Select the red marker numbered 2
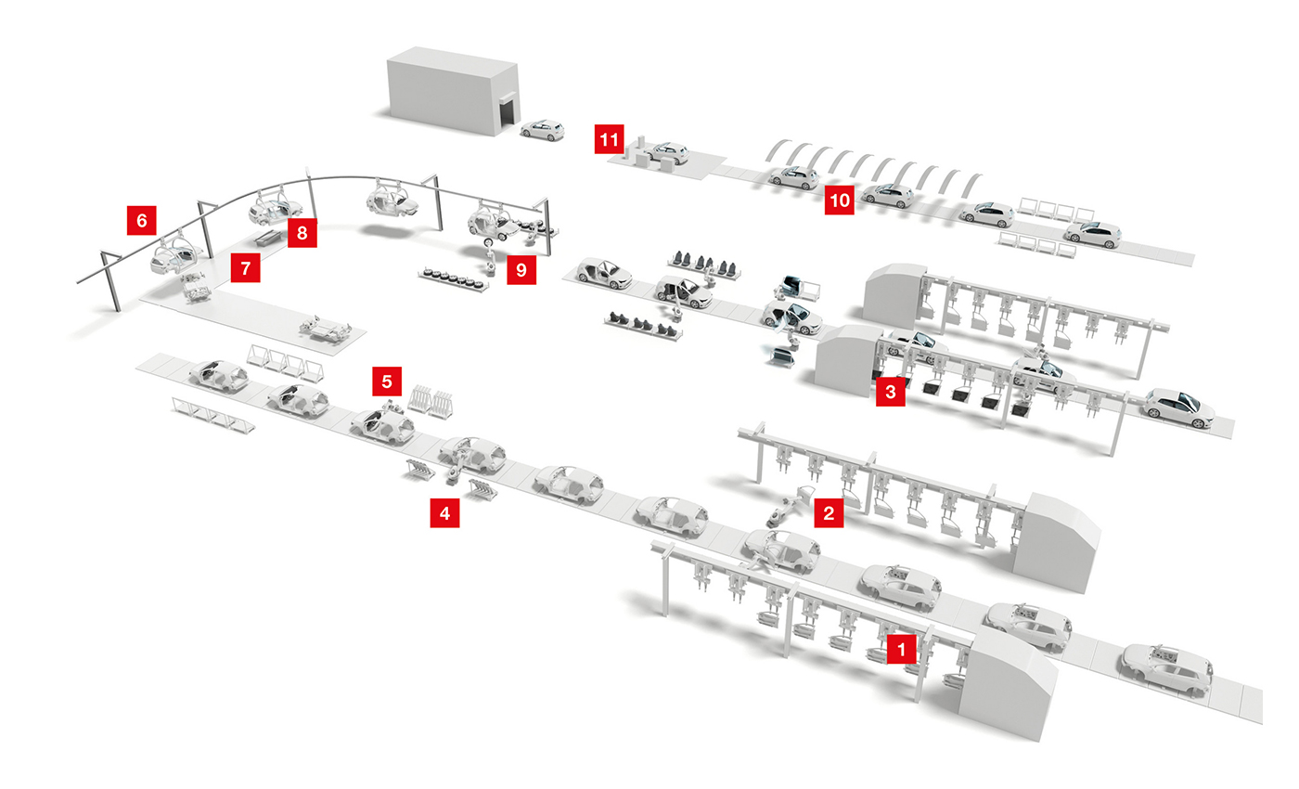click(829, 511)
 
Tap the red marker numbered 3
click(890, 393)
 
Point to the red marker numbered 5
click(387, 380)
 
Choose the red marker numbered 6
click(141, 220)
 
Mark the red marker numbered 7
click(245, 269)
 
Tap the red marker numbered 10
click(839, 200)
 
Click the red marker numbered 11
click(609, 140)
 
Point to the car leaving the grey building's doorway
click(542, 130)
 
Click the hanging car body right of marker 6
click(176, 255)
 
